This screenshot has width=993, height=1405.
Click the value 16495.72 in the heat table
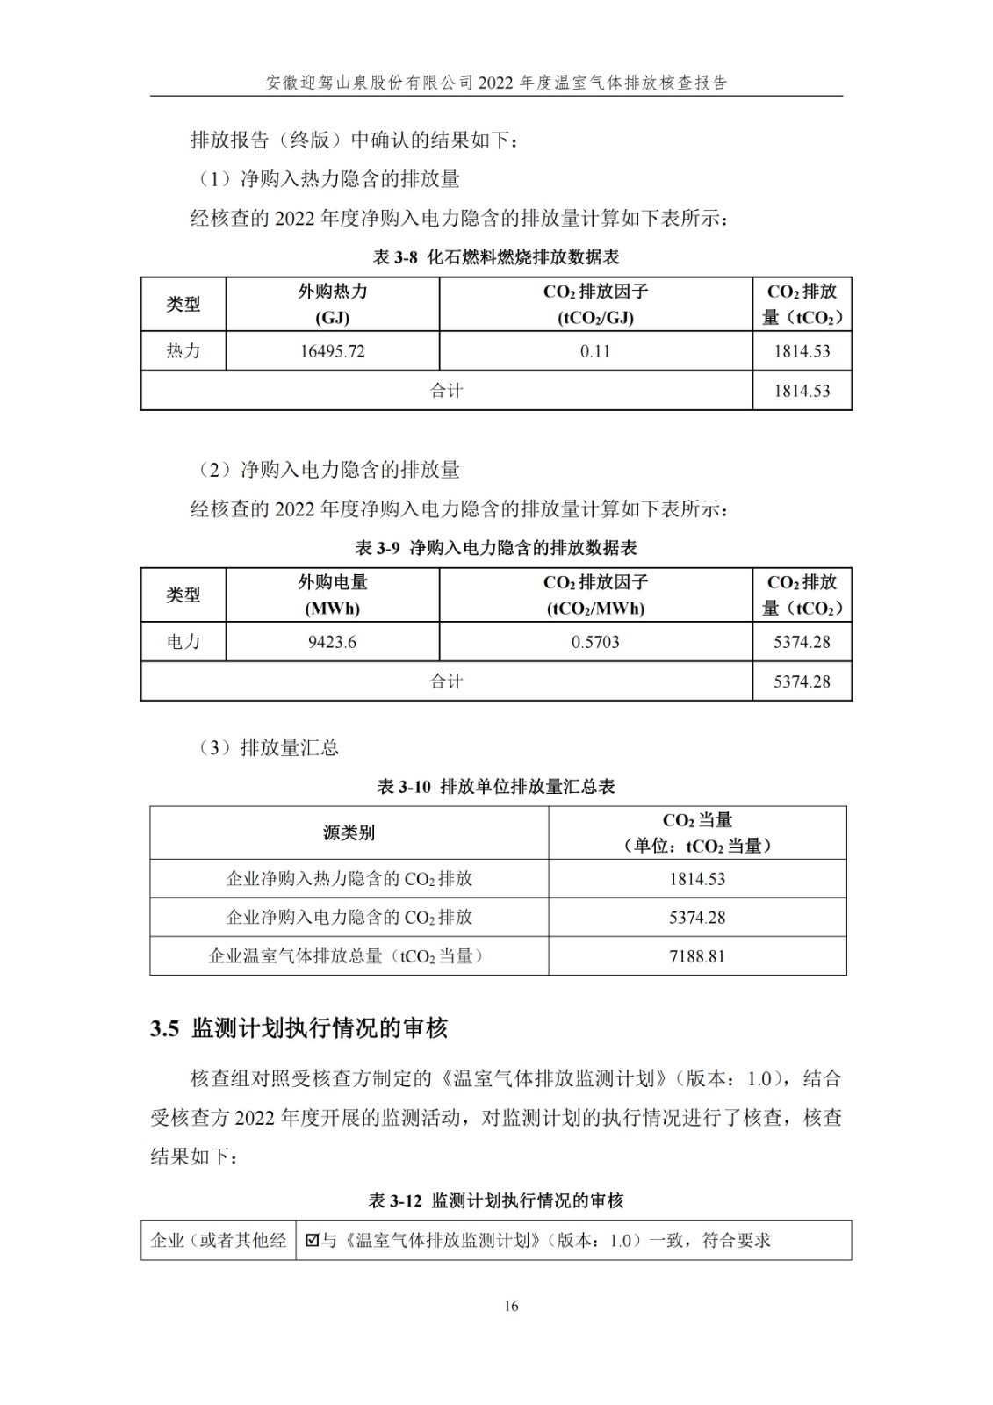pyautogui.click(x=332, y=351)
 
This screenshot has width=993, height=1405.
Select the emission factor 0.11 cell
pyautogui.click(x=595, y=351)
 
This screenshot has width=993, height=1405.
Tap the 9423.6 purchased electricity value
pyautogui.click(x=332, y=642)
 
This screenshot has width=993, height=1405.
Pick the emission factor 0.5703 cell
pyautogui.click(x=595, y=642)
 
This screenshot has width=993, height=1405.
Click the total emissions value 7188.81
pyautogui.click(x=697, y=956)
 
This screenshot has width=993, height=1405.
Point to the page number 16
pyautogui.click(x=511, y=1306)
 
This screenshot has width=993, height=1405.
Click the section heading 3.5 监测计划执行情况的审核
pyautogui.click(x=299, y=1028)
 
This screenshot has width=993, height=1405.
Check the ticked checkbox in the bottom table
pyautogui.click(x=312, y=1241)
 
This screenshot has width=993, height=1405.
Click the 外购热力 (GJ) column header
pyautogui.click(x=332, y=304)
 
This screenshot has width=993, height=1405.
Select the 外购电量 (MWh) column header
pyautogui.click(x=332, y=594)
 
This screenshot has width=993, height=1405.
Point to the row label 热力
pyautogui.click(x=183, y=351)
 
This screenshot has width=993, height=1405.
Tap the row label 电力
pyautogui.click(x=183, y=642)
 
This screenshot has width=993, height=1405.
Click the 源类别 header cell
pyautogui.click(x=349, y=832)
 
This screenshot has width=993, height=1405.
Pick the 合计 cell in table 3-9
pyautogui.click(x=446, y=681)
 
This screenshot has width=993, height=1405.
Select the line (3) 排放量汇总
pyautogui.click(x=269, y=748)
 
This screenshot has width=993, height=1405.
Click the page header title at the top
pyautogui.click(x=496, y=83)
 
